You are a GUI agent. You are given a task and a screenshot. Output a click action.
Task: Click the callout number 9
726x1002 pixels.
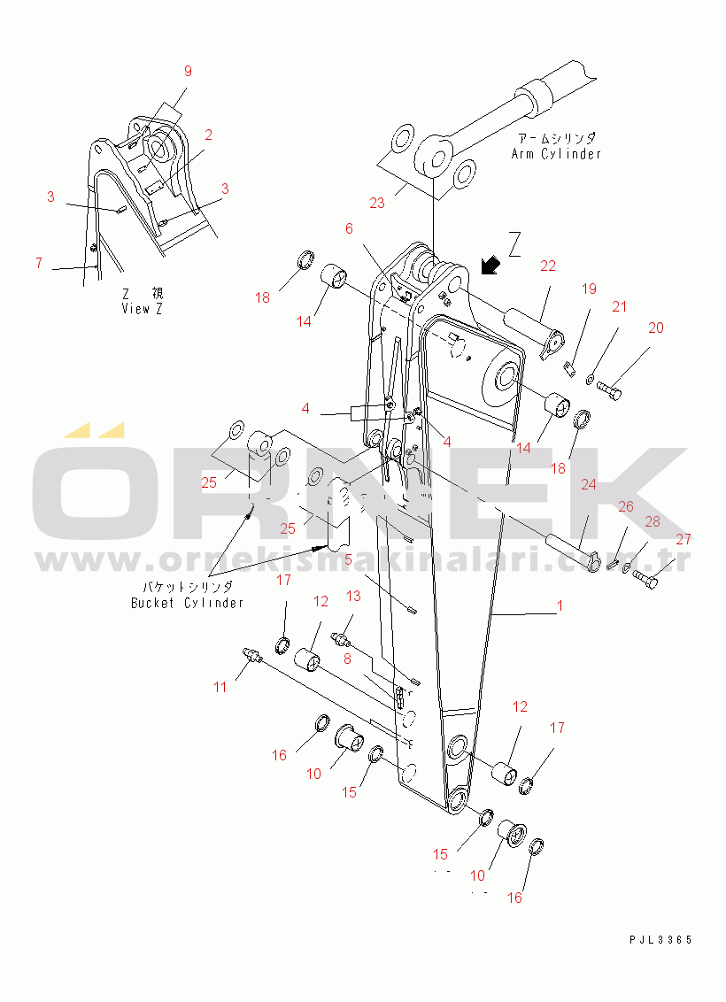coord(188,71)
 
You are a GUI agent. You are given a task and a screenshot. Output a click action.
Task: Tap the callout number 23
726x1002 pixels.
coord(377,204)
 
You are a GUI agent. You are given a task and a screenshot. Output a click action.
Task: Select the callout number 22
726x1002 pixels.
coord(548,266)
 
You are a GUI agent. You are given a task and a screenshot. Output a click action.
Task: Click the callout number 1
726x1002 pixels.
coord(560,605)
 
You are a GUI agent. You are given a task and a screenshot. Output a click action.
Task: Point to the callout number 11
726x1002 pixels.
coord(220,688)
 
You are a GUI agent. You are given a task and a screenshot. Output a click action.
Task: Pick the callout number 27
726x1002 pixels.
coord(684,539)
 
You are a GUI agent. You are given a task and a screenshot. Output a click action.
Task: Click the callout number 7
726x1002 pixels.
coord(39,263)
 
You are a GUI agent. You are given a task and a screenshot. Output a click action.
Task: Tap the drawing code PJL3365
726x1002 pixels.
coord(660,940)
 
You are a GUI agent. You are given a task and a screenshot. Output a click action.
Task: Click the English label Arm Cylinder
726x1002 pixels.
coord(556,153)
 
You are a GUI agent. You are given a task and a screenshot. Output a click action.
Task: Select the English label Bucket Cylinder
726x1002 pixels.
coord(187,603)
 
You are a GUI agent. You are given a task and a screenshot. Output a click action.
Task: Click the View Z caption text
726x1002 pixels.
coord(142,308)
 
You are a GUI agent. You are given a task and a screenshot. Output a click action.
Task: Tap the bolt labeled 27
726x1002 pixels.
coord(645,578)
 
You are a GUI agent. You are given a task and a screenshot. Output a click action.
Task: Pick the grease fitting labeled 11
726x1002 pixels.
coord(252,656)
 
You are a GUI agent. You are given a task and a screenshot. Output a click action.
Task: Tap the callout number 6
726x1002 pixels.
coord(349,228)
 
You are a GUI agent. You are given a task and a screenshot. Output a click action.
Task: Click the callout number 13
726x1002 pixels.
coord(353,597)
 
